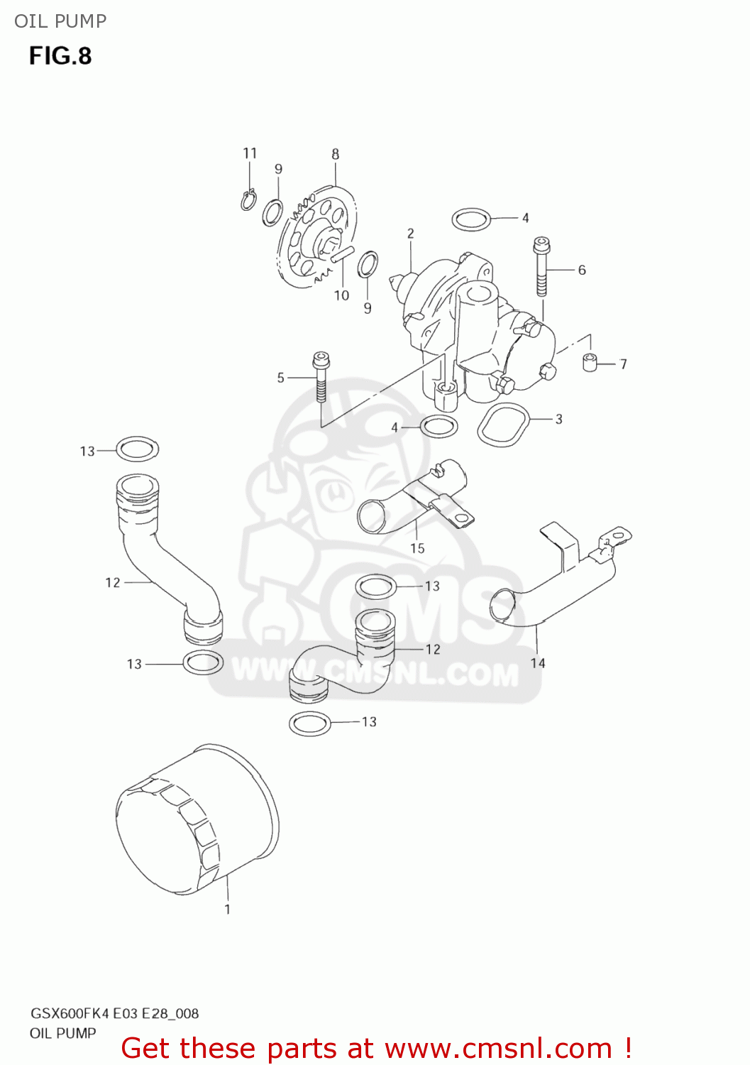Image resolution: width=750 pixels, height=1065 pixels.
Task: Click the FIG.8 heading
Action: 60,56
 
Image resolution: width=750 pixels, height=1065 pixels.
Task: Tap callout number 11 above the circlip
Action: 250,153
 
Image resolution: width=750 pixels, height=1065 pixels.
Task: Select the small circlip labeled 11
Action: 248,200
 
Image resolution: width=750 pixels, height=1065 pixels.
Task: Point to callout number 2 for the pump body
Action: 411,233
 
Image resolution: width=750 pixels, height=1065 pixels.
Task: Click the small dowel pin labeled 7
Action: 588,362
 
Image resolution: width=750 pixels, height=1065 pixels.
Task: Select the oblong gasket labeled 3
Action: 504,425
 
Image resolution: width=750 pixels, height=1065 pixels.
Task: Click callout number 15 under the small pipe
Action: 417,548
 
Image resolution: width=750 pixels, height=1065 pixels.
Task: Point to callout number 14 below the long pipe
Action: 538,662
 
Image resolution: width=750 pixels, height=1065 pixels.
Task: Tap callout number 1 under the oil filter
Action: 227,909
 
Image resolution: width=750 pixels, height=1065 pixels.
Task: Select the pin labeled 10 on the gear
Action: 341,254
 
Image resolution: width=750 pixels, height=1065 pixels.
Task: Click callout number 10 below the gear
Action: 342,295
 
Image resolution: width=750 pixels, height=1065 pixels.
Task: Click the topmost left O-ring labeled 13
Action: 137,449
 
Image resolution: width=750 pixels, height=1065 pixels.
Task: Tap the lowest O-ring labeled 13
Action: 311,723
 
